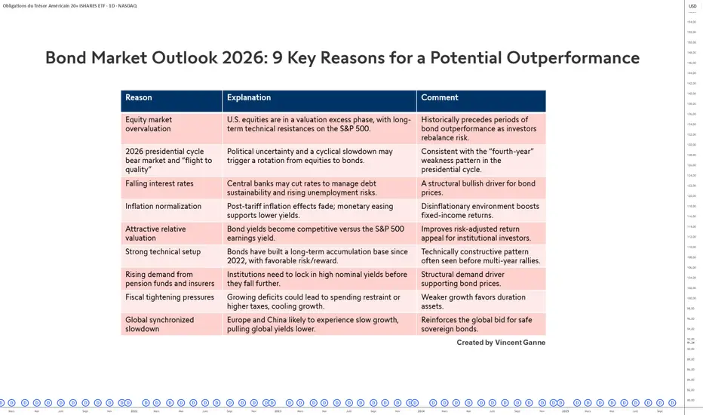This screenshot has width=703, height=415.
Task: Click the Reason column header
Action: click(139, 97)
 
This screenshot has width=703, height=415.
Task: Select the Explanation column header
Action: click(249, 97)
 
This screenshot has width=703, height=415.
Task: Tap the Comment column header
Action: click(440, 97)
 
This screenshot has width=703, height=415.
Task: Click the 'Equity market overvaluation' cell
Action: click(149, 124)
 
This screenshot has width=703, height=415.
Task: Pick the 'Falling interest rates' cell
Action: click(159, 183)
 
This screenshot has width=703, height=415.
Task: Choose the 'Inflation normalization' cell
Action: click(163, 206)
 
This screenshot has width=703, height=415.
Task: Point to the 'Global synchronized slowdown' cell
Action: click(159, 324)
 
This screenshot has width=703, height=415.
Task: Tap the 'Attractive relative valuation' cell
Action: click(155, 233)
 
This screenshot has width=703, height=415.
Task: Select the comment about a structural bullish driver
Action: click(480, 188)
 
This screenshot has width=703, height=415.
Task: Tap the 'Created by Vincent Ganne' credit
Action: click(501, 343)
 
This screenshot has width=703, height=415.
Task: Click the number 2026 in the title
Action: click(226, 58)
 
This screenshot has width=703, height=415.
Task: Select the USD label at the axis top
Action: click(692, 7)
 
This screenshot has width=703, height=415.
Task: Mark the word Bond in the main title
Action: click(66, 58)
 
